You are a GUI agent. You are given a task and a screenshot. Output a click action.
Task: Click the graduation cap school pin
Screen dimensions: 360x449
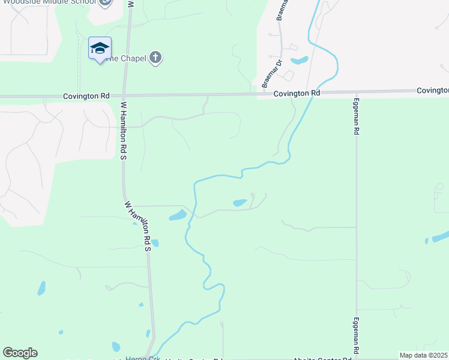pos(100,49)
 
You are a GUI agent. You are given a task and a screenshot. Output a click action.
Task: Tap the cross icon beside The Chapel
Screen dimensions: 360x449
pos(155,58)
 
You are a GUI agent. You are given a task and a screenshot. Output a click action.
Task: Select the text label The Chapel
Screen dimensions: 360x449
pos(129,58)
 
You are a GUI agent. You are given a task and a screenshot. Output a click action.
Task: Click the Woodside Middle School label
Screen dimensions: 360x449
pos(48,2)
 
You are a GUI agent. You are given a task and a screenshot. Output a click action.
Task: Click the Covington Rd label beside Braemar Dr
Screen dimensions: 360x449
pos(297,94)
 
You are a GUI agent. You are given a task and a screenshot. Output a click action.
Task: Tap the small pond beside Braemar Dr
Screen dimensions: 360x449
pos(299,61)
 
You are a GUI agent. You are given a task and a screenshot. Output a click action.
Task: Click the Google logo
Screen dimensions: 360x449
pos(20,353)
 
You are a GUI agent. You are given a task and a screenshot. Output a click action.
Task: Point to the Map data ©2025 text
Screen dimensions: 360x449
pos(423,355)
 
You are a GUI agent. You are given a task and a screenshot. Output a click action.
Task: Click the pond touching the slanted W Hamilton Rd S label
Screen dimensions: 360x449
pos(155,243)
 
